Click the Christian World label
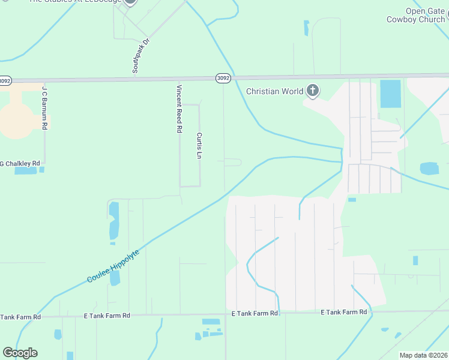coord(274,91)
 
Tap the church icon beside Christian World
coord(312,91)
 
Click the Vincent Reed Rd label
coord(179,108)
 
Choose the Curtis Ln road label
coord(199,145)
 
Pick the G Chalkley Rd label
coord(20,163)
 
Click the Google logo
coord(20,353)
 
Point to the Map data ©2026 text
coord(423,355)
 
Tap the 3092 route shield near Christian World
coord(223,78)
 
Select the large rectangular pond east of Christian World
coord(390,94)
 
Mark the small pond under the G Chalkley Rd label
coord(26,171)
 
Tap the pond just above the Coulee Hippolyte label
coord(115,277)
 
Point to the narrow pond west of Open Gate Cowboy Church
coord(306,28)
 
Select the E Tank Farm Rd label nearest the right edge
coord(343,313)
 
